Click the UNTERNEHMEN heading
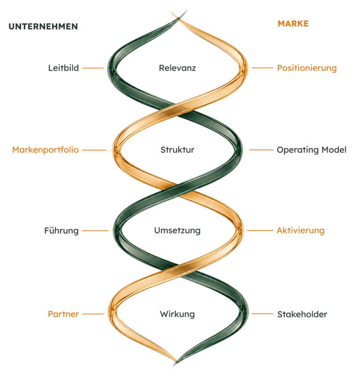[x=43, y=27]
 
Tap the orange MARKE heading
[x=293, y=23]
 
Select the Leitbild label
[x=63, y=68]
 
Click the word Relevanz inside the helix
[x=177, y=68]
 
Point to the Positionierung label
[x=307, y=68]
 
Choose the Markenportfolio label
[x=45, y=150]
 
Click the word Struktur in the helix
[x=177, y=150]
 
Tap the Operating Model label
[x=312, y=150]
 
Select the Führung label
[x=61, y=230]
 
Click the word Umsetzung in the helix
[x=177, y=230]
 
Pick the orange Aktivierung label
[x=300, y=230]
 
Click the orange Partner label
[x=63, y=314]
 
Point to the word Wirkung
[x=177, y=314]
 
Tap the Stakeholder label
[x=302, y=314]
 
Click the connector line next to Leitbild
[x=93, y=68]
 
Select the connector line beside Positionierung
[x=262, y=68]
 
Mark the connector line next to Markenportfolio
[x=94, y=150]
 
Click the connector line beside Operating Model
[x=261, y=150]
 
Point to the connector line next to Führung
[x=95, y=231]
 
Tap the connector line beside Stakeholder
[x=262, y=314]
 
